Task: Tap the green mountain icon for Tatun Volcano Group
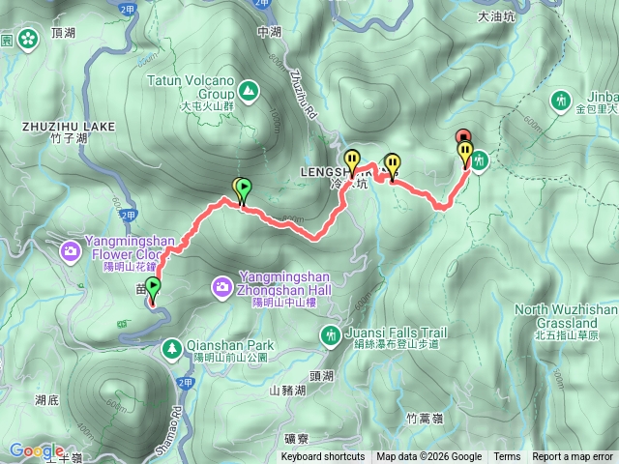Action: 250,92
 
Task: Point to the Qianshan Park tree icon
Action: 171,345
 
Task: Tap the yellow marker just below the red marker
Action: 465,154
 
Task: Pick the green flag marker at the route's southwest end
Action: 152,288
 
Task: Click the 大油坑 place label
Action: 498,16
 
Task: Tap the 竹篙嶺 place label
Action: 425,418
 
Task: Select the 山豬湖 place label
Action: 287,391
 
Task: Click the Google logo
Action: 37,449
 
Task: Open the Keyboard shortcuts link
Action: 323,457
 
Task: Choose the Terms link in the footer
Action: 507,457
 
